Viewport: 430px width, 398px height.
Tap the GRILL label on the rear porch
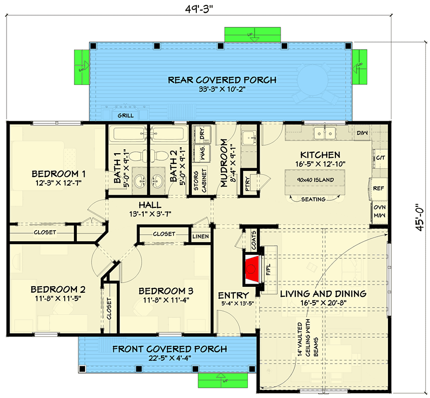[x=125, y=116]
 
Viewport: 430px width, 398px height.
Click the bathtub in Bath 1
[x=128, y=134]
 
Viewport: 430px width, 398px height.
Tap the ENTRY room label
[x=233, y=295]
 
